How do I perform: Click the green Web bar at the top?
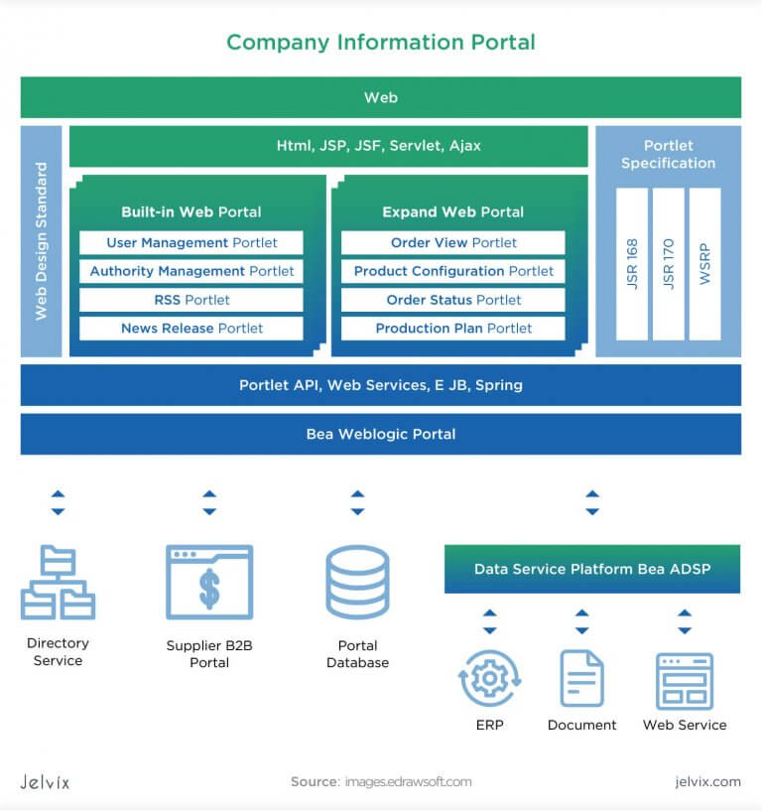381,97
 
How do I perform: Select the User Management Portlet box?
191,243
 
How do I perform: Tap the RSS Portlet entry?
191,300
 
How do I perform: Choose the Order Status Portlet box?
452,300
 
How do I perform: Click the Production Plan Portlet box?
452,329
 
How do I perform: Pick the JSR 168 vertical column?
632,263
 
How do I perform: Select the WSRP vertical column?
704,263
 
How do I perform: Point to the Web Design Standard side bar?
41,241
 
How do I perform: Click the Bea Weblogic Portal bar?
381,434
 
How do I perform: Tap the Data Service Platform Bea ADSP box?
591,569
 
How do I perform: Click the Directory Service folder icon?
58,583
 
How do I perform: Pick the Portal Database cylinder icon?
357,583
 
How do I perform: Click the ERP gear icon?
489,679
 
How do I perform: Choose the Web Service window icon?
685,680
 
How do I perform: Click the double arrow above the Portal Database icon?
357,502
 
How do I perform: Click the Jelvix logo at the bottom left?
45,782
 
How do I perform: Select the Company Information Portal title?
381,43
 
